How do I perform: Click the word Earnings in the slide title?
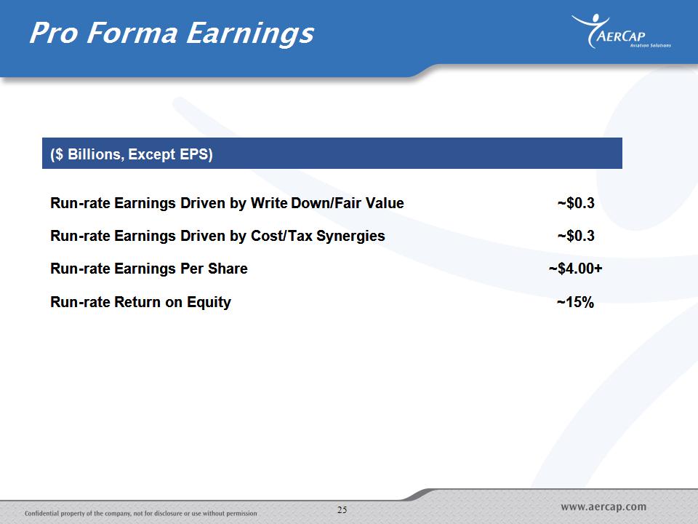(250, 34)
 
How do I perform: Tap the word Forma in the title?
(132, 33)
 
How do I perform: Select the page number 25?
(342, 509)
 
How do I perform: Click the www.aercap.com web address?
(603, 507)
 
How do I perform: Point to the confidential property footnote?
(140, 513)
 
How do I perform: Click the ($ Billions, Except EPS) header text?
(132, 154)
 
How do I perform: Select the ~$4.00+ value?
(576, 269)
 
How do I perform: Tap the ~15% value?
(576, 302)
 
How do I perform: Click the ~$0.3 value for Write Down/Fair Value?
(576, 203)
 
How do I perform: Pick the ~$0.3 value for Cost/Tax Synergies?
(576, 236)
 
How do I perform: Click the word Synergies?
(350, 236)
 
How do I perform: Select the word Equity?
(209, 303)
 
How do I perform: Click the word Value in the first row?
(385, 203)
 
